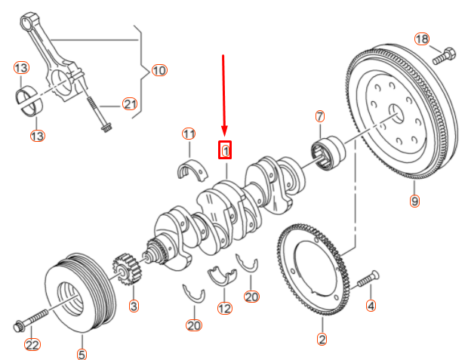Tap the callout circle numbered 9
click(414, 201)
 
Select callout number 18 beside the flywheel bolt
click(421, 38)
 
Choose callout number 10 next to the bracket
click(159, 70)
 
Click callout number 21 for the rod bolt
click(130, 104)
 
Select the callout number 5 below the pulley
click(82, 352)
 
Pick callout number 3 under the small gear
click(134, 306)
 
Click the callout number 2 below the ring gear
click(322, 340)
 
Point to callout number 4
click(371, 306)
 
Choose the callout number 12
click(224, 308)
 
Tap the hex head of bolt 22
click(18, 327)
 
